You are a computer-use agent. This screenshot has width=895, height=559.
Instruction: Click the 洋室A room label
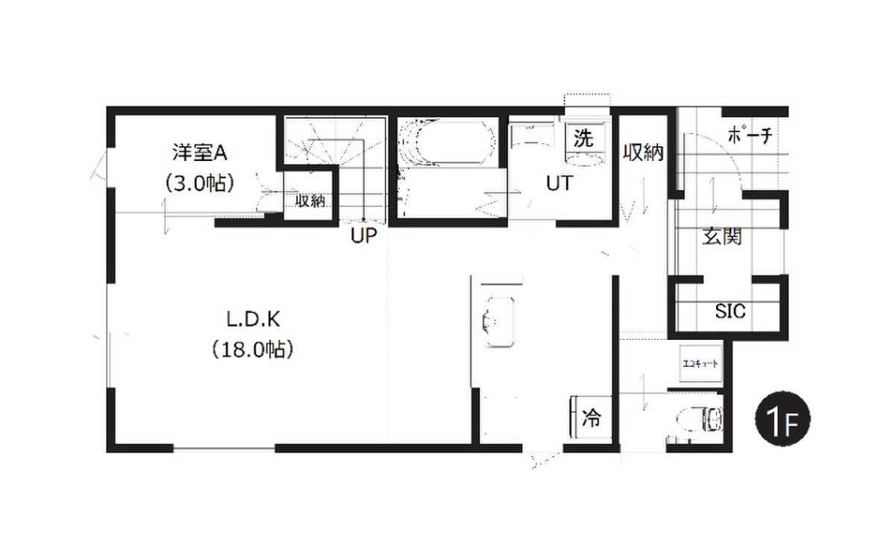point(200,152)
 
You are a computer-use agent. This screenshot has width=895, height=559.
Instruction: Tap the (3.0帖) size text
point(200,183)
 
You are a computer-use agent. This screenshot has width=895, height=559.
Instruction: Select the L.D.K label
point(254,320)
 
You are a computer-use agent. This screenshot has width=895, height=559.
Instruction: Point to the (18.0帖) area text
point(253,350)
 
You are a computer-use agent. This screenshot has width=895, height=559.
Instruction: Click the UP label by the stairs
point(364,236)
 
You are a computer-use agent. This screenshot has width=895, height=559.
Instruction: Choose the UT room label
point(559,183)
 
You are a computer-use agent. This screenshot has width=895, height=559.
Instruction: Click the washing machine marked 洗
point(584,144)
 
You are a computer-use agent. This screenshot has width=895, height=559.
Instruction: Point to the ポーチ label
point(750,136)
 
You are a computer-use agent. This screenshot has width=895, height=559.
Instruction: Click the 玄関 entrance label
point(722,236)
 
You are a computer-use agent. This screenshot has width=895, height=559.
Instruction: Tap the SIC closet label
point(730,312)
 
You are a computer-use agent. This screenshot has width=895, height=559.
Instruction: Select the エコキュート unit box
point(701,364)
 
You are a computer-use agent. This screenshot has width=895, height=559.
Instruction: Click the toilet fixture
point(700,419)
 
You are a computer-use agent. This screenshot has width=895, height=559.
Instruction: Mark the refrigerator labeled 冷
point(591,418)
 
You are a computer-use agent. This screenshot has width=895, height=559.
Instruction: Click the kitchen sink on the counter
point(500,322)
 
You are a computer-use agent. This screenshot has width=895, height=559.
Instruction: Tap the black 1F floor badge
point(782,419)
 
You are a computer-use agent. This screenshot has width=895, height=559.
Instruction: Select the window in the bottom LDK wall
point(224,449)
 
